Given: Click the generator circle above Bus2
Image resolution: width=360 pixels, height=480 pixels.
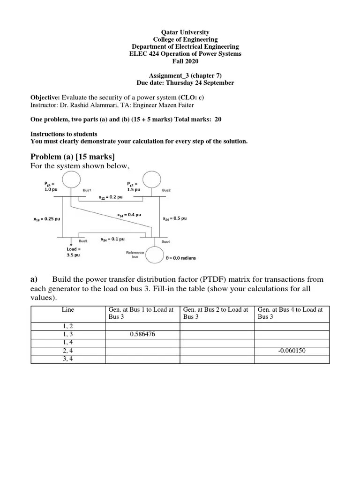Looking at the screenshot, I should point(151,180).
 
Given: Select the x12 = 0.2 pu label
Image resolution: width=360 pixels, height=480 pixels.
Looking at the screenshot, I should point(111,197).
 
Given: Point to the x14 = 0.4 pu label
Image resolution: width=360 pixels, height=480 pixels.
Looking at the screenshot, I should point(127,215).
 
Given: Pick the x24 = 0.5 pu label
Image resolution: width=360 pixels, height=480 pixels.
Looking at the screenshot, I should point(174,218).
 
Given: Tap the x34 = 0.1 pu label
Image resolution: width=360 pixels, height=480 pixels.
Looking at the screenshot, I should point(112,239).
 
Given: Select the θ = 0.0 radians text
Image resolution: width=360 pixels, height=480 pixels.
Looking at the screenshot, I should point(181,258).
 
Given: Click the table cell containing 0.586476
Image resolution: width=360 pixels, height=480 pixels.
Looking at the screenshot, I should point(142,335).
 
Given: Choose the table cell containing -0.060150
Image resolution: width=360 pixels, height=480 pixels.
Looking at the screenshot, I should point(292,351).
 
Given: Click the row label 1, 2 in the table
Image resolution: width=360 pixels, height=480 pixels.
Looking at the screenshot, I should point(68,327).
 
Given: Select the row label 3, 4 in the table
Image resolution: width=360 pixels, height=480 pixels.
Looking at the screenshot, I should point(68,359).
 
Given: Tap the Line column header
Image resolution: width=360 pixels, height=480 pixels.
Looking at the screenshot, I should point(68,310).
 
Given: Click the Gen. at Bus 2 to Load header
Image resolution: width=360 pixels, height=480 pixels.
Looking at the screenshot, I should point(217,313).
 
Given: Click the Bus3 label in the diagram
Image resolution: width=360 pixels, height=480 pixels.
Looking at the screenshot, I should point(83,241).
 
